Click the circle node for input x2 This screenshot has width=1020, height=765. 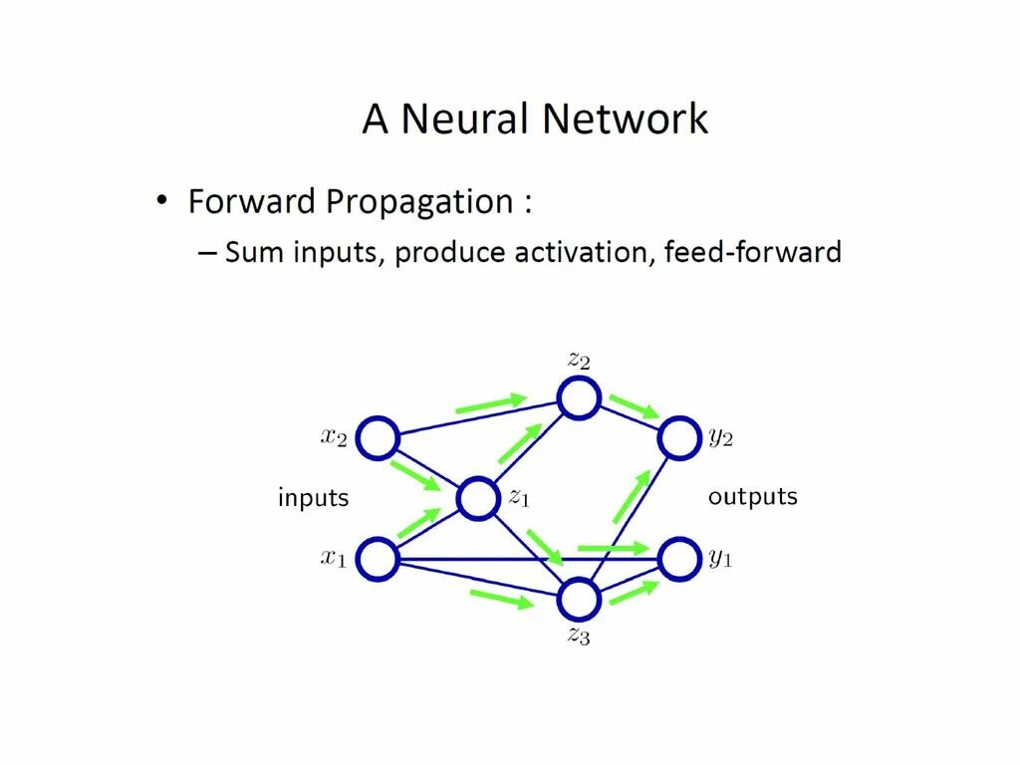pyautogui.click(x=378, y=438)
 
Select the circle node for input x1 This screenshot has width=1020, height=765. pyautogui.click(x=378, y=559)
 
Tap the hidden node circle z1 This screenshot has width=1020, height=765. pyautogui.click(x=477, y=498)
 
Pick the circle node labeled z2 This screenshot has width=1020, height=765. pyautogui.click(x=578, y=398)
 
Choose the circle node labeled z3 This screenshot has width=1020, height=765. pyautogui.click(x=578, y=600)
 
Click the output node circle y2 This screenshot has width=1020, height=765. pyautogui.click(x=677, y=438)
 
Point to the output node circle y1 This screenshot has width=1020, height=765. pyautogui.click(x=677, y=559)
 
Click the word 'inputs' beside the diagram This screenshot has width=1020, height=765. pyautogui.click(x=313, y=497)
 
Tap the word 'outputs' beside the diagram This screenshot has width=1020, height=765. pyautogui.click(x=753, y=496)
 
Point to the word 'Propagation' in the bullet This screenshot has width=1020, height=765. pyautogui.click(x=419, y=203)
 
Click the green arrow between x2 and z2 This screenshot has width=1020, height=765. pyautogui.click(x=490, y=403)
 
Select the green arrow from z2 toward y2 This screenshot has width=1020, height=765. pyautogui.click(x=634, y=406)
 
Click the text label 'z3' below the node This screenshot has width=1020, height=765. pyautogui.click(x=579, y=636)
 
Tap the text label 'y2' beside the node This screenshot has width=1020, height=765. pyautogui.click(x=721, y=439)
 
